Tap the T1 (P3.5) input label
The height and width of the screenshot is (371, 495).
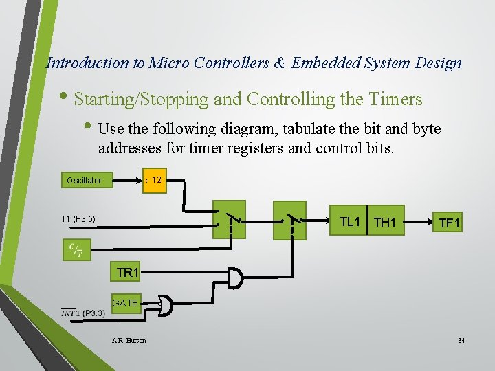coord(78,219)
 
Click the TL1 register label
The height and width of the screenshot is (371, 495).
coord(351,222)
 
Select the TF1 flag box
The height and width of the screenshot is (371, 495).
coord(450,223)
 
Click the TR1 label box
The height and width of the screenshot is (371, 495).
coord(128,273)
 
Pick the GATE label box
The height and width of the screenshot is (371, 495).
coord(125,302)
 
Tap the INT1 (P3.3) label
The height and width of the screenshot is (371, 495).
coord(82,313)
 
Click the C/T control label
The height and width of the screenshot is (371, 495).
coord(76,249)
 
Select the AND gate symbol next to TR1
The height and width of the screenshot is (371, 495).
coord(235,278)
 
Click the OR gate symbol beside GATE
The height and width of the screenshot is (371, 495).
coord(167,306)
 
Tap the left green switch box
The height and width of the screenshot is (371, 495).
coord(229,220)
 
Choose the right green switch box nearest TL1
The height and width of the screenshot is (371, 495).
coord(289,220)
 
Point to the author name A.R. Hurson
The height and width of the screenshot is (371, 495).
coord(129,340)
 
